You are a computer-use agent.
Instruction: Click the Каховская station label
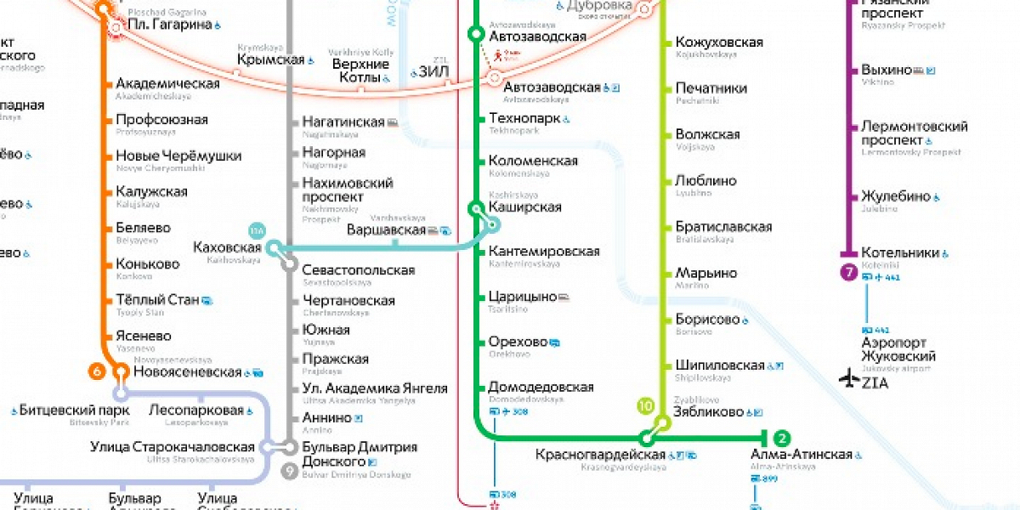[227, 247]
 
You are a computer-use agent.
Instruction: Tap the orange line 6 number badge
[98, 371]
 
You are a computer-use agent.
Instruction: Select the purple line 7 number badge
[847, 273]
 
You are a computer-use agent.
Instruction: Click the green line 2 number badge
[781, 439]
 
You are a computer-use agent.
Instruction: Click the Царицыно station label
[522, 297]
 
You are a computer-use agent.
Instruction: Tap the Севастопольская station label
[358, 270]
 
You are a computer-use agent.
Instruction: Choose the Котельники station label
[900, 252]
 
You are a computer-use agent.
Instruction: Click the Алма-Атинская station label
[801, 455]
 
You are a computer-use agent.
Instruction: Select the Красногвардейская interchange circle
[648, 439]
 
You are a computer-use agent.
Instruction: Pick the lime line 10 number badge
[646, 405]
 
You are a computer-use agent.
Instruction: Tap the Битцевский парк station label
[75, 411]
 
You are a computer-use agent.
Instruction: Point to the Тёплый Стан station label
[157, 299]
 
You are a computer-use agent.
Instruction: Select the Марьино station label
[705, 274]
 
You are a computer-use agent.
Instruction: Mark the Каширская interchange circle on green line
[476, 208]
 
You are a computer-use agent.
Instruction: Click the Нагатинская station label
[343, 122]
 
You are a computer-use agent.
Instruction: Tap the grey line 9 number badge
[290, 470]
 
